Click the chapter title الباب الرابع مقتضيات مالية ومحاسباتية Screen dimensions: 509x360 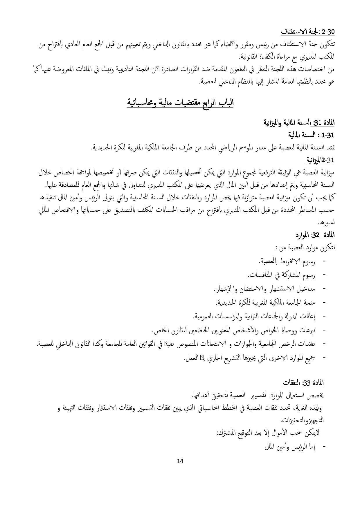[180, 103]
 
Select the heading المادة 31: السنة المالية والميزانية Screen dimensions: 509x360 [299, 123]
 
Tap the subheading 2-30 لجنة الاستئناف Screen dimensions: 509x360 [308, 31]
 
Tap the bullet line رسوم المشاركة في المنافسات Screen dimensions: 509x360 [281, 275]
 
